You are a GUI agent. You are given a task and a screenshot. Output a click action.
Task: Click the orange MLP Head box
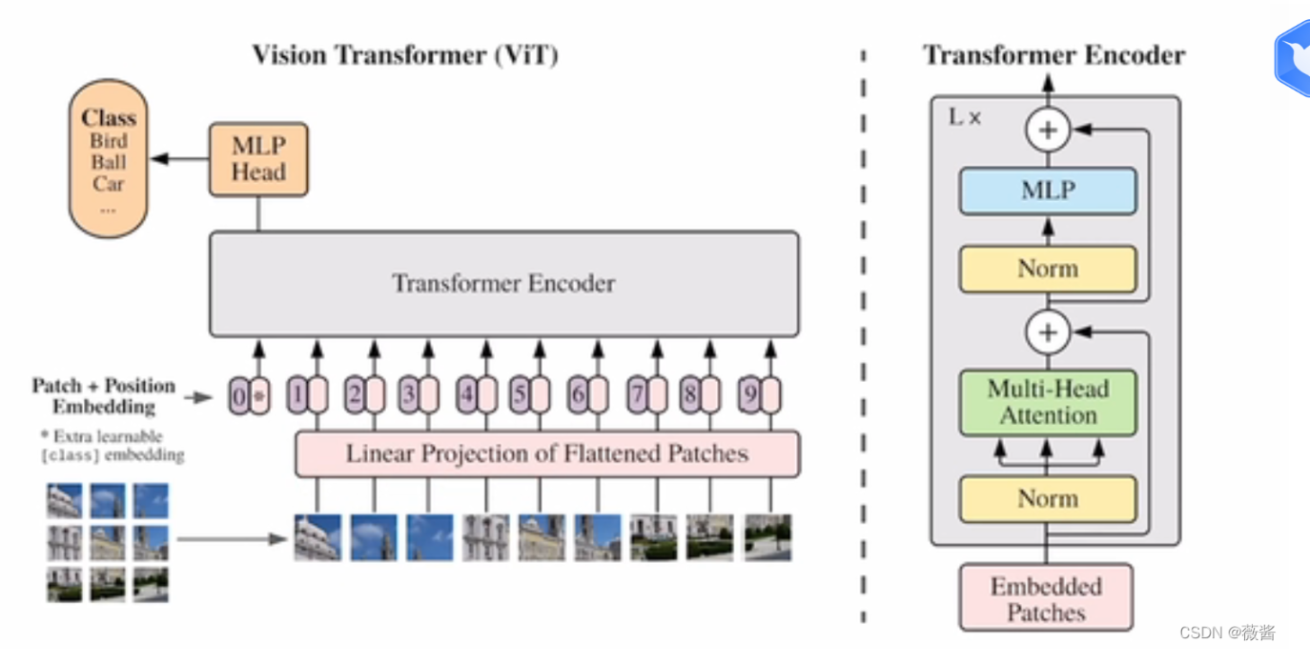(258, 159)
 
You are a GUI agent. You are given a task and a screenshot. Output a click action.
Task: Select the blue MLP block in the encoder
(1048, 191)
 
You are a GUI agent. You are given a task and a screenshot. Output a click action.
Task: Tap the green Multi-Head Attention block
(1048, 402)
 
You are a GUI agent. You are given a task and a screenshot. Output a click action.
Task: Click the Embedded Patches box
(1046, 598)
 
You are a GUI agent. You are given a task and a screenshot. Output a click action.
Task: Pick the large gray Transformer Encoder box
(503, 283)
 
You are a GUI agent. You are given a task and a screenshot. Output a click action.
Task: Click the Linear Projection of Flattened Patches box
(547, 453)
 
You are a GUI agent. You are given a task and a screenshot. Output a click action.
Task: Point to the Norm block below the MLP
(1048, 269)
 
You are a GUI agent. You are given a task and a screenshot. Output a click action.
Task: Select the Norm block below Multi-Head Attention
(1048, 499)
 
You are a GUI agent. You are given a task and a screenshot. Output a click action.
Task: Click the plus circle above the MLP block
(1048, 131)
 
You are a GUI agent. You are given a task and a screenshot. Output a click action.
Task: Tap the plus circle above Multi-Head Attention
(1048, 332)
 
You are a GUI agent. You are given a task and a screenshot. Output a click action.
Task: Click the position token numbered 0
(238, 394)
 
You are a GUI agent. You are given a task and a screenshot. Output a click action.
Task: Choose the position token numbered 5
(520, 394)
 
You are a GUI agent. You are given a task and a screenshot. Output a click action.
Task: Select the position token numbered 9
(750, 394)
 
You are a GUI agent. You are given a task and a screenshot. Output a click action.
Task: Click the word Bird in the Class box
(109, 141)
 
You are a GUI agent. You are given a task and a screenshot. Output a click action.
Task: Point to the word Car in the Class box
(109, 184)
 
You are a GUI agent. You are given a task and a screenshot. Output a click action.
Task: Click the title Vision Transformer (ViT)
(405, 55)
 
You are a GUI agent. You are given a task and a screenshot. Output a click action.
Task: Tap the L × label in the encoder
(965, 118)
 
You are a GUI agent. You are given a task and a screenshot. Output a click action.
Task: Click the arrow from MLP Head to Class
(179, 159)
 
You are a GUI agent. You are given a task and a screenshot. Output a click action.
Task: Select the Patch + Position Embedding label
(103, 395)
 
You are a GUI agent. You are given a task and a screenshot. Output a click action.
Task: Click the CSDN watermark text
(1227, 633)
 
